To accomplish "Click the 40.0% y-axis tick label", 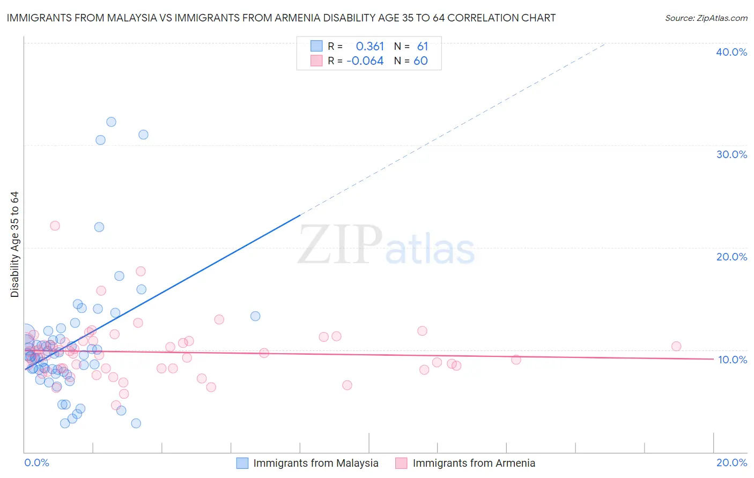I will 731,52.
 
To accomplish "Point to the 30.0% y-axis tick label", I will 731,154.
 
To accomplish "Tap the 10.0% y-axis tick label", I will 733,360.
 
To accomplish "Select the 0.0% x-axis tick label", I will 36,462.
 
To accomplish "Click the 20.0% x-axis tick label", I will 731,462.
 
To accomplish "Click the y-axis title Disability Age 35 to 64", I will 14,244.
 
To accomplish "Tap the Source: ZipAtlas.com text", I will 706,18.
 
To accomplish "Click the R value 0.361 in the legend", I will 369,47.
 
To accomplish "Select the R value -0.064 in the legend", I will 365,61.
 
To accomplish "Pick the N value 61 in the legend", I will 423,47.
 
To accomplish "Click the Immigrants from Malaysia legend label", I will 316,463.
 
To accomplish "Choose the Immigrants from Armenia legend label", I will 474,463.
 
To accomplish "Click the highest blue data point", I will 111,122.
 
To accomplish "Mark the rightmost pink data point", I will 676,346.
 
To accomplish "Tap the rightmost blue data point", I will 255,316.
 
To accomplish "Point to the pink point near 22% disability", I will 55,226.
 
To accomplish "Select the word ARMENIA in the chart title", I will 301,18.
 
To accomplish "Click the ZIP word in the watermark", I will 340,245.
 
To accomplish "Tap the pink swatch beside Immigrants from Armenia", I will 401,463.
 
